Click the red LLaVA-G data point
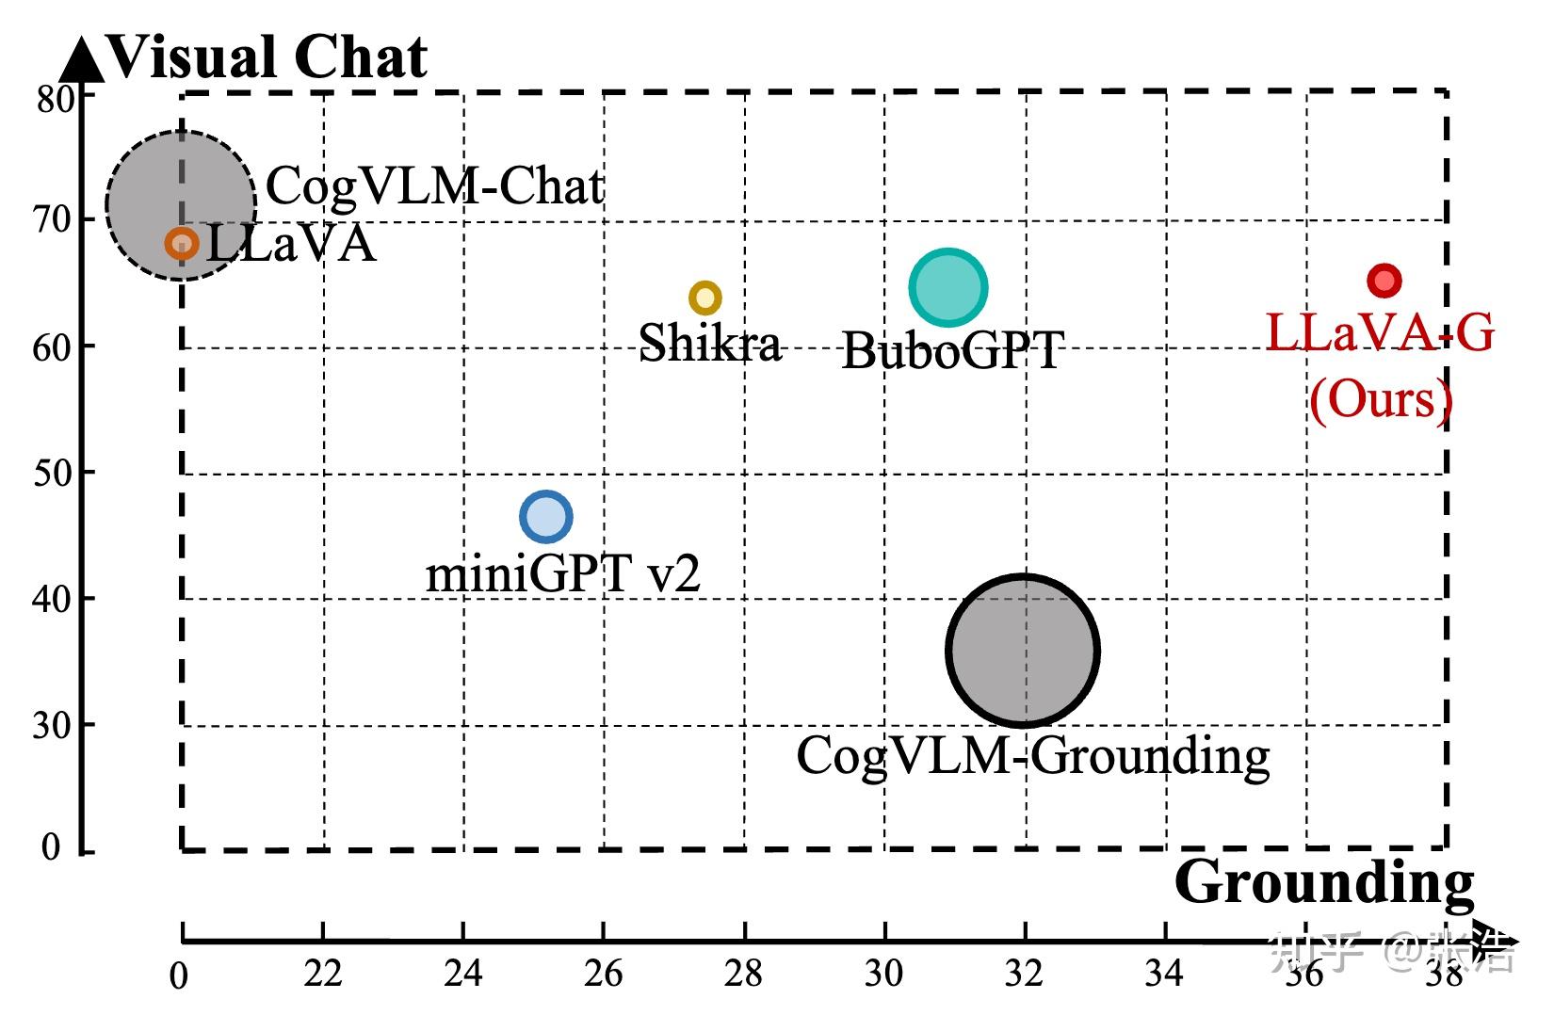click(1384, 280)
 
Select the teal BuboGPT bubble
click(948, 288)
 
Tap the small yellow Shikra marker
click(705, 298)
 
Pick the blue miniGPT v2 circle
click(546, 516)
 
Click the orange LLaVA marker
click(182, 244)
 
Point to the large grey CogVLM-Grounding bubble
click(1023, 650)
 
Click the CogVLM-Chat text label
click(435, 185)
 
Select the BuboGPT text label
click(952, 350)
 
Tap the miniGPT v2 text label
click(563, 572)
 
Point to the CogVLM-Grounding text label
click(1033, 755)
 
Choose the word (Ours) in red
click(1381, 399)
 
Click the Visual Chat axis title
click(268, 56)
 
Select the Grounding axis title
click(1324, 882)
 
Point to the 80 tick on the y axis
click(55, 98)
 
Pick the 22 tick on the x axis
click(323, 974)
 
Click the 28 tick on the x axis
click(744, 974)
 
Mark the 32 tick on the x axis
click(1025, 974)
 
